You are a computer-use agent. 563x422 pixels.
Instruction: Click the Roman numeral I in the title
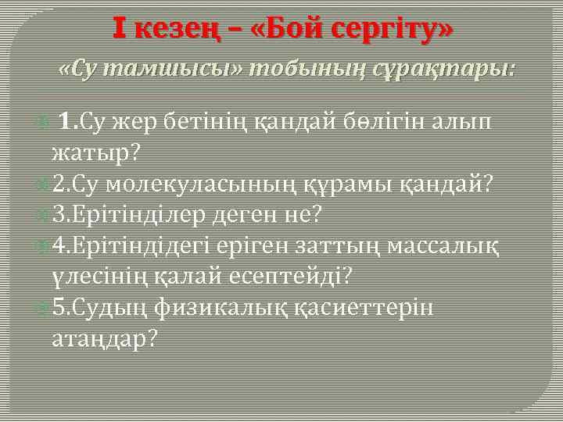[x=118, y=29]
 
